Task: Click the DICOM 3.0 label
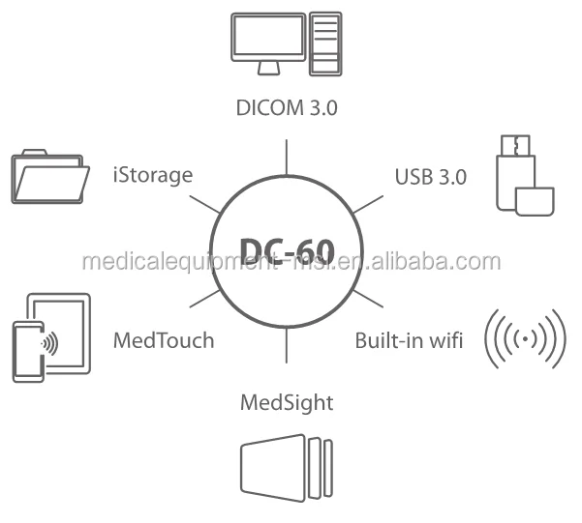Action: [x=287, y=107]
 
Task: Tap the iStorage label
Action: [x=153, y=175]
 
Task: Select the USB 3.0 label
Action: [x=430, y=177]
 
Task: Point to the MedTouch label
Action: [x=164, y=340]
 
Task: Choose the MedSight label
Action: [x=286, y=401]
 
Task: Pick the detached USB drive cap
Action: [x=535, y=201]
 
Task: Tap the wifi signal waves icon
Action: [x=525, y=339]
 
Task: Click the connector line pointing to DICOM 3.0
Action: [x=287, y=157]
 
